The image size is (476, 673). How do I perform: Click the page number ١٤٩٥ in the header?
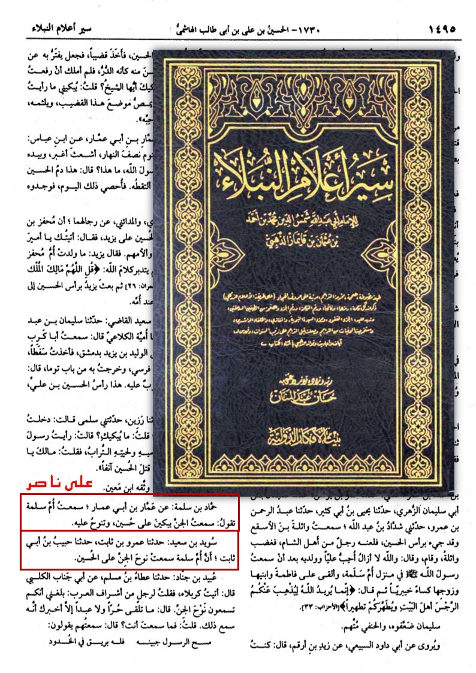(x=442, y=28)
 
